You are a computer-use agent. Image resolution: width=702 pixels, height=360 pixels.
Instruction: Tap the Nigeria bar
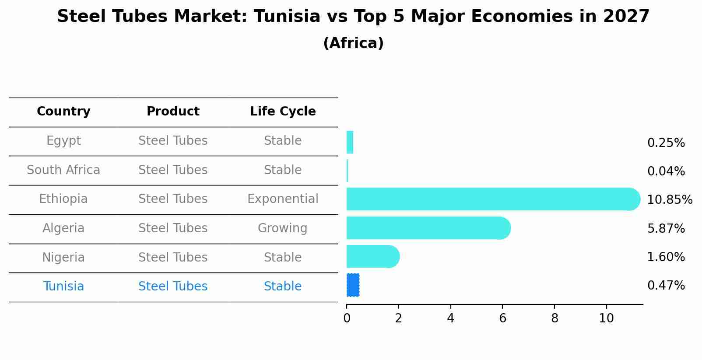click(372, 256)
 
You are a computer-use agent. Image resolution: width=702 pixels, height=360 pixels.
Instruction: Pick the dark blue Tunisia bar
click(353, 285)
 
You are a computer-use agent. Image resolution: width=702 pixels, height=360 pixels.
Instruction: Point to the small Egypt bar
click(350, 142)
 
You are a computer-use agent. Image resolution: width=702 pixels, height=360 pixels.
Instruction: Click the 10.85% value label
click(669, 200)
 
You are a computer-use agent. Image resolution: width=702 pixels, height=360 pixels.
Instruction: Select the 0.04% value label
click(666, 171)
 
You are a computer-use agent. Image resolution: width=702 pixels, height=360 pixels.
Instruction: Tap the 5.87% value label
click(666, 228)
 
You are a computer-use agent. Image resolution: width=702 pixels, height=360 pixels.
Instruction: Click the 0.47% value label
click(666, 286)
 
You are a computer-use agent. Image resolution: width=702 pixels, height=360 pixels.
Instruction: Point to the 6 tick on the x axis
click(502, 318)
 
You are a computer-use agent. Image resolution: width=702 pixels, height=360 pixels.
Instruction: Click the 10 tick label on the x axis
click(606, 318)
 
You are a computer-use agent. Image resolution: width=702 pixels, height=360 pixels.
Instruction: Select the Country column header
click(63, 112)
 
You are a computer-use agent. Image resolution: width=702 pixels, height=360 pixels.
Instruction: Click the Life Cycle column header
click(283, 112)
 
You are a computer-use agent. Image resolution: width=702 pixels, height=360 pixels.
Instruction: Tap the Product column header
click(173, 112)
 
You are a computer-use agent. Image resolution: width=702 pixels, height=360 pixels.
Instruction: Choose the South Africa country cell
click(63, 170)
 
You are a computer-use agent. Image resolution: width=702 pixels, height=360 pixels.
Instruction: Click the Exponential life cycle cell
click(283, 199)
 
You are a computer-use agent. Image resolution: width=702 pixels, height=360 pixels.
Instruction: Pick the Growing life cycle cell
click(283, 228)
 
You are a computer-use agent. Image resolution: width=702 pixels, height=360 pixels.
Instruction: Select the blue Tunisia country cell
click(63, 287)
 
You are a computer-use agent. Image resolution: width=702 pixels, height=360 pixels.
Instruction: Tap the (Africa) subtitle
click(353, 43)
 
